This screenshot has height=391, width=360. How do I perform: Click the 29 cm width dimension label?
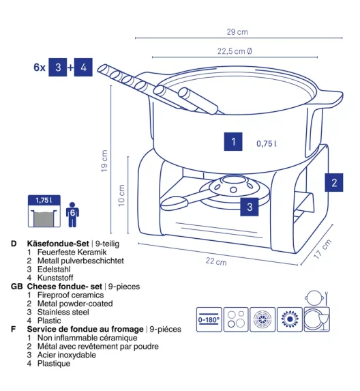pos(237,32)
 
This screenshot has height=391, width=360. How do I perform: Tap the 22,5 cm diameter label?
pos(235,51)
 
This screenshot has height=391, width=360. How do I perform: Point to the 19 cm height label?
pos(104,160)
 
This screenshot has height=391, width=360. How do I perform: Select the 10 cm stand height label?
pos(121,195)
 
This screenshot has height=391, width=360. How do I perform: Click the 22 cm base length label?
pos(216,261)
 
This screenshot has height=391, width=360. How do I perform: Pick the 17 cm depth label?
pos(322,248)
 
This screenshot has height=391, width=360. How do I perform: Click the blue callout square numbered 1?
pos(233,142)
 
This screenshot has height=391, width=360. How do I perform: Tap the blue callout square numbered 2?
pos(334,182)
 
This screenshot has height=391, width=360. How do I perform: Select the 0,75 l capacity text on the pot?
pos(267,143)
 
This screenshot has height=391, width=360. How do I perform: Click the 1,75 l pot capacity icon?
pos(44,211)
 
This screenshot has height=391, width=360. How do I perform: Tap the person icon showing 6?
pos(72,214)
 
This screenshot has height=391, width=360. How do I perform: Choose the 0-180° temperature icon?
pos(209,319)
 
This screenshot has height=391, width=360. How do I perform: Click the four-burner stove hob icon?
pos(236,319)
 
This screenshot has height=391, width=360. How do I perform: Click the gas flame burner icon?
pos(290,319)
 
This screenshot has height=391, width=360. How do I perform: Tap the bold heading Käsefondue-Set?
pos(58,244)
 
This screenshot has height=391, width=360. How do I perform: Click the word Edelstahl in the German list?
pos(54,270)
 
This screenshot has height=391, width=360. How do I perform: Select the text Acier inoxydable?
pos(67,355)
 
